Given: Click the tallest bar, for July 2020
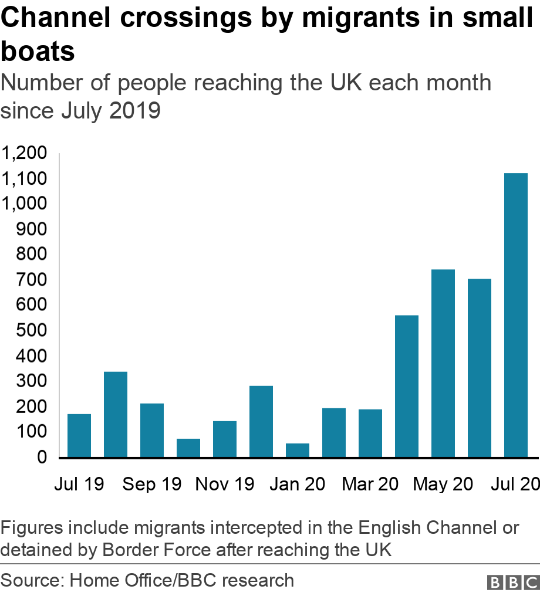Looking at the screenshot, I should (515, 315).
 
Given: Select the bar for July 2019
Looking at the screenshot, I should (79, 435).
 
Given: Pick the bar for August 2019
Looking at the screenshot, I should (116, 414).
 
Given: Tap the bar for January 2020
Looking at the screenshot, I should (298, 450).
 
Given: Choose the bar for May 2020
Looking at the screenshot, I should (443, 363).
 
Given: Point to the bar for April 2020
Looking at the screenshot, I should (407, 386).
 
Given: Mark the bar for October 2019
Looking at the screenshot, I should (188, 448).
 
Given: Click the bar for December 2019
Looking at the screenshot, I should (261, 421).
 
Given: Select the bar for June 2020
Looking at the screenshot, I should (480, 368).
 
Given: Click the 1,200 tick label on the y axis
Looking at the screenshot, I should (24, 154).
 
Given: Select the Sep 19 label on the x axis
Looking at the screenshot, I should (152, 485).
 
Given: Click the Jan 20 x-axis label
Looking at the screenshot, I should (298, 485).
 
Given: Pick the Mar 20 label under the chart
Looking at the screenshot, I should (370, 485).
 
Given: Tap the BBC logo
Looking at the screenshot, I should (513, 582).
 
